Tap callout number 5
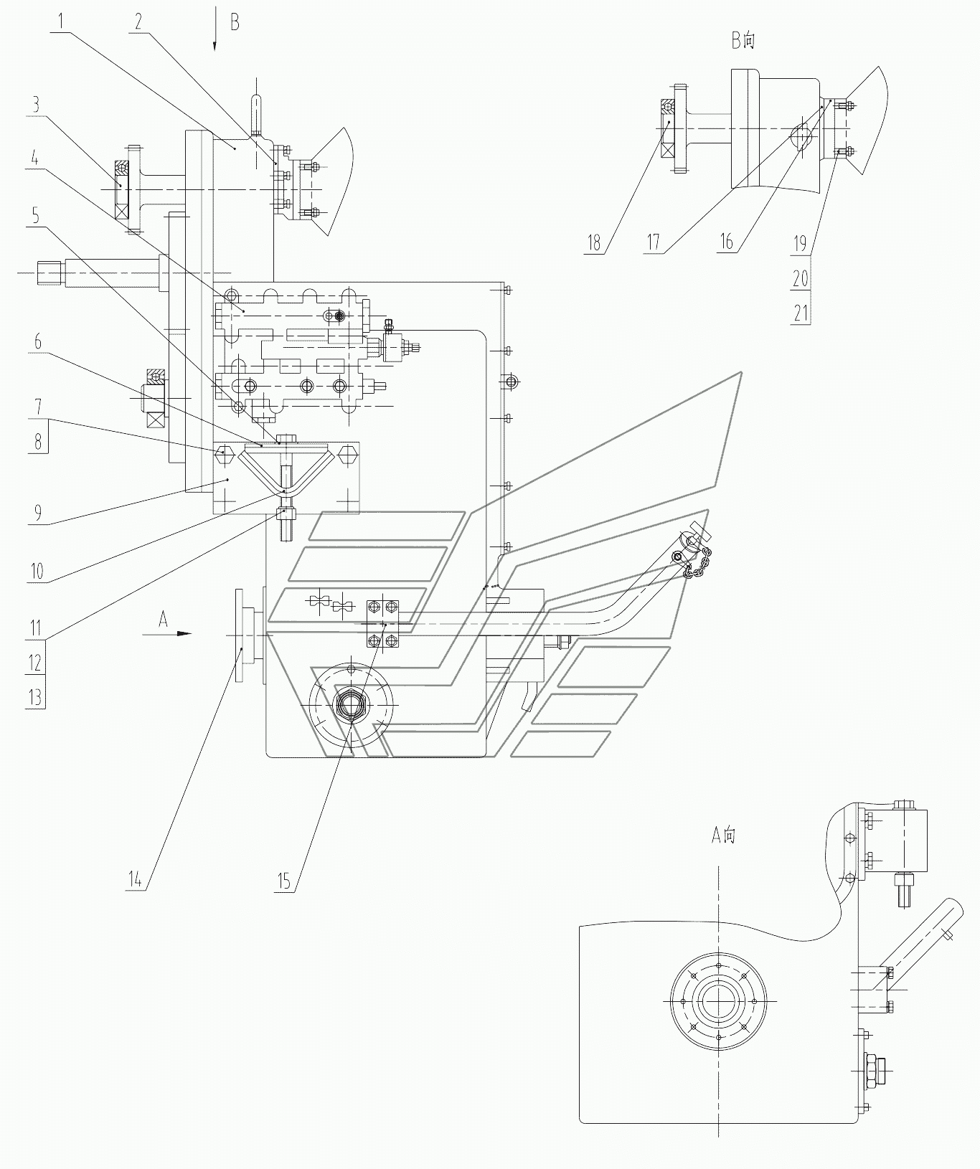35,217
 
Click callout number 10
37,572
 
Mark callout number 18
594,242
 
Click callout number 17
653,242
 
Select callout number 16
727,242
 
